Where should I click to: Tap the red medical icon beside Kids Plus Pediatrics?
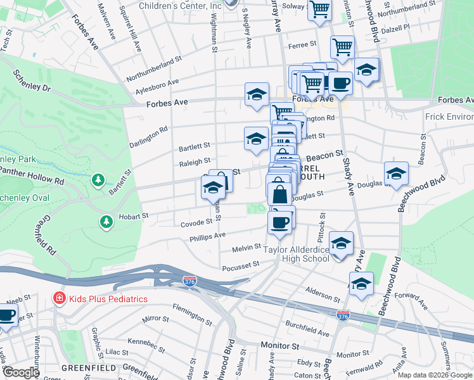(x=58, y=298)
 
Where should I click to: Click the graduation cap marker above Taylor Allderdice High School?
(x=341, y=244)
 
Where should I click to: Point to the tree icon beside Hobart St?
(x=106, y=221)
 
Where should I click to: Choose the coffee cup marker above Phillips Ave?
(x=279, y=222)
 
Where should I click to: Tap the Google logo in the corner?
(x=21, y=372)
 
